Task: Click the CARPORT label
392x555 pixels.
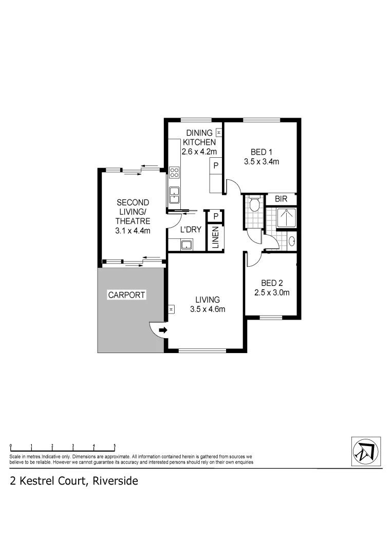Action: click(127, 295)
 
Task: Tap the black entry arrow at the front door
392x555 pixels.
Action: click(163, 330)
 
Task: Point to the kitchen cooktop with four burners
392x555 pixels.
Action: click(174, 172)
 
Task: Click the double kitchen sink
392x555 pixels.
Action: click(174, 193)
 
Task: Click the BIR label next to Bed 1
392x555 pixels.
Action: click(281, 199)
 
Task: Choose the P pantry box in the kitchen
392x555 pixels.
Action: click(216, 165)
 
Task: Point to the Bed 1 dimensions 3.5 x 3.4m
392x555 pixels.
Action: click(261, 162)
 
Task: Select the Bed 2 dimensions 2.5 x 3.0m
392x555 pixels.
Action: click(272, 293)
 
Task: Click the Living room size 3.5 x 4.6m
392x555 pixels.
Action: click(208, 309)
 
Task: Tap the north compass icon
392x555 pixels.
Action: click(366, 451)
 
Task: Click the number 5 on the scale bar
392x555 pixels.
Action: click(115, 446)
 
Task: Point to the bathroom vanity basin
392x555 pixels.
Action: click(292, 240)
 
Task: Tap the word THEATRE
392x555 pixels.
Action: click(133, 221)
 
